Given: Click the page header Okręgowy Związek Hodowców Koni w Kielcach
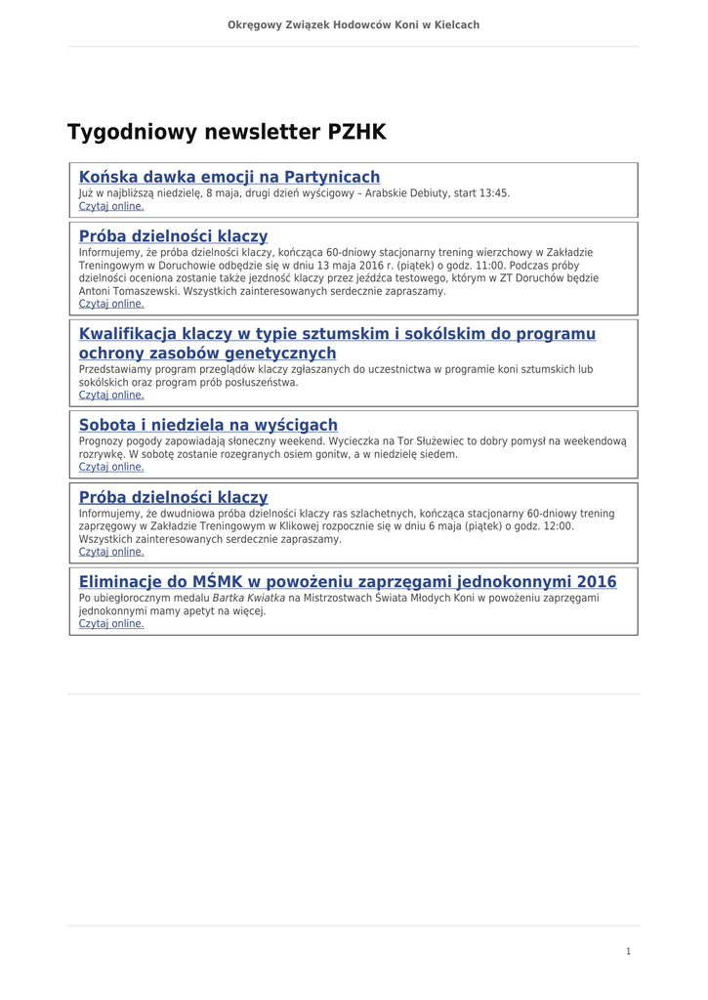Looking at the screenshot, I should [x=354, y=24].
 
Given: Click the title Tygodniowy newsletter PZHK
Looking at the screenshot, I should [x=227, y=132].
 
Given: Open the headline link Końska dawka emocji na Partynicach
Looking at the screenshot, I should [x=229, y=177].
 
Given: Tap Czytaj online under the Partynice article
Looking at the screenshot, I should [x=111, y=206].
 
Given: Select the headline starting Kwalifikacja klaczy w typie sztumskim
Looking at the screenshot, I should [x=337, y=334].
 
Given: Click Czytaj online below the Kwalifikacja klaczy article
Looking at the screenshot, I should [x=111, y=396].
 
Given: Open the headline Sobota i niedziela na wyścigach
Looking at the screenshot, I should [x=208, y=425].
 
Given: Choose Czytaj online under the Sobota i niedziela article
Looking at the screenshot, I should [x=111, y=467].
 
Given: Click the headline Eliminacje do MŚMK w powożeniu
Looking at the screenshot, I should [x=348, y=582].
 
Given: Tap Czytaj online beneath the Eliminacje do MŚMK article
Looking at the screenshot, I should [x=111, y=623].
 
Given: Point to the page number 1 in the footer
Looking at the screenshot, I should [x=628, y=951].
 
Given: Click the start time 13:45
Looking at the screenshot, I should [x=496, y=193].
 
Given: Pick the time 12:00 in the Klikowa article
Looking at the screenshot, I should [x=561, y=526].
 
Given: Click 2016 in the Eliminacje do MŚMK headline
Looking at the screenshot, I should [x=596, y=582].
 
